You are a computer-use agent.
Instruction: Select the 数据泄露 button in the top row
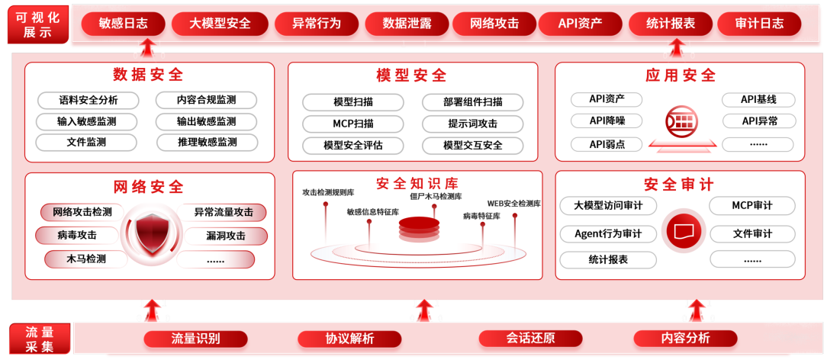pyautogui.click(x=407, y=24)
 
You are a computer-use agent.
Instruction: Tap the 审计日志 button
pyautogui.click(x=759, y=24)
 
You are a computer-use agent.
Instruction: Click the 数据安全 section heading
pyautogui.click(x=149, y=75)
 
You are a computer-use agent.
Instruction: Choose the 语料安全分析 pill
pyautogui.click(x=88, y=100)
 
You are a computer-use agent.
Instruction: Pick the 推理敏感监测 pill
pyautogui.click(x=207, y=142)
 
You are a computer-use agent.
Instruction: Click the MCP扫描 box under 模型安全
pyautogui.click(x=353, y=124)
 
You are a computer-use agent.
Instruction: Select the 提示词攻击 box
pyautogui.click(x=472, y=124)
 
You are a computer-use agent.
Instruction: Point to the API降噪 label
pyautogui.click(x=607, y=121)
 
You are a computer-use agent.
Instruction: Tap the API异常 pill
pyautogui.click(x=759, y=121)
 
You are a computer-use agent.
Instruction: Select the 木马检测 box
pyautogui.click(x=85, y=259)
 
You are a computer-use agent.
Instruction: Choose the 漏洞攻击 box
pyautogui.click(x=225, y=236)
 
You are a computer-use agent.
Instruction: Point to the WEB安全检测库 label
pyautogui.click(x=514, y=204)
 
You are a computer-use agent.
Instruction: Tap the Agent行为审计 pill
pyautogui.click(x=608, y=234)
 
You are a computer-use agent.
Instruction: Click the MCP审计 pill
pyautogui.click(x=752, y=206)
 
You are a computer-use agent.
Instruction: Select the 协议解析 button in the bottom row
pyautogui.click(x=349, y=339)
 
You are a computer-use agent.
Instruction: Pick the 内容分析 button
pyautogui.click(x=684, y=339)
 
